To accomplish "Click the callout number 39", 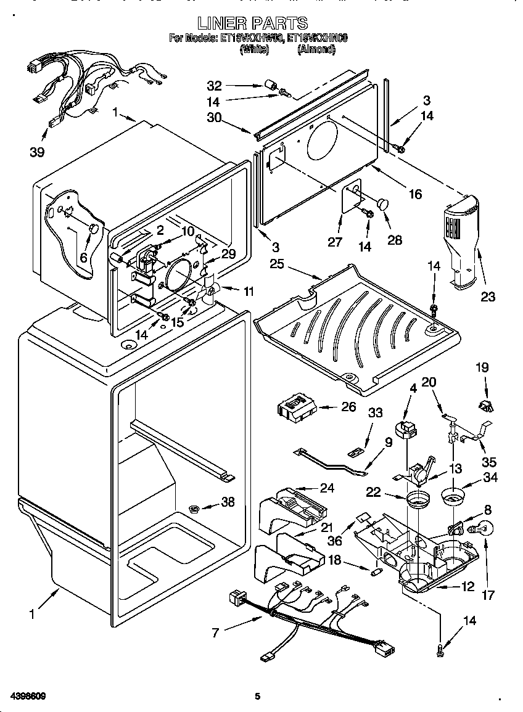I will (x=37, y=152).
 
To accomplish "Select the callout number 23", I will (x=487, y=297).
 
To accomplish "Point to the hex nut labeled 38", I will (x=193, y=509).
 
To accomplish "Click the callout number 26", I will (x=348, y=406).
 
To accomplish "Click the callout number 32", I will (x=214, y=85).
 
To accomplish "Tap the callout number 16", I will (x=415, y=194).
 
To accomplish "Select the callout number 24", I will (x=327, y=488).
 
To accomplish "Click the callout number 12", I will (x=468, y=586).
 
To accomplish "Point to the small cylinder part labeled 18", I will (x=374, y=571).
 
